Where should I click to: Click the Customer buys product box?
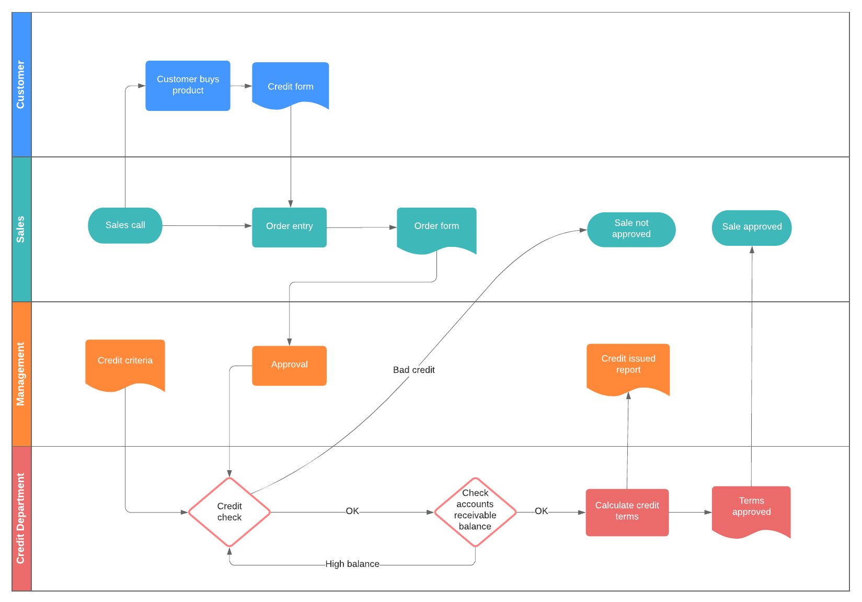[x=188, y=85]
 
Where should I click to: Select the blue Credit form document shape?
[x=290, y=85]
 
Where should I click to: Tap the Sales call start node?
[x=125, y=225]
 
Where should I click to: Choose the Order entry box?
[x=289, y=227]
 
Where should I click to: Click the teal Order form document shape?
[x=436, y=228]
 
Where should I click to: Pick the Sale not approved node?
[x=631, y=229]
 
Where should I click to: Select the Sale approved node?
[x=751, y=228]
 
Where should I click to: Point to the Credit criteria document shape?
[x=125, y=362]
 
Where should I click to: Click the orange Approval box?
[x=289, y=365]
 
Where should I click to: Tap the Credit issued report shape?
[x=628, y=366]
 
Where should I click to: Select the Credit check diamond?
[x=229, y=512]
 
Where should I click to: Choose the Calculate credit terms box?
[x=627, y=512]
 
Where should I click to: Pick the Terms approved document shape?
[x=751, y=508]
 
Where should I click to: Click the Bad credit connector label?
[x=413, y=370]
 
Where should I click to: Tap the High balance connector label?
[x=352, y=564]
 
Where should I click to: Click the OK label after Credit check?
[x=352, y=511]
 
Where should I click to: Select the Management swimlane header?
[x=21, y=373]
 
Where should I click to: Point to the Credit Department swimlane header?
[x=21, y=518]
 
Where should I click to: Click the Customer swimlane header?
[x=21, y=85]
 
